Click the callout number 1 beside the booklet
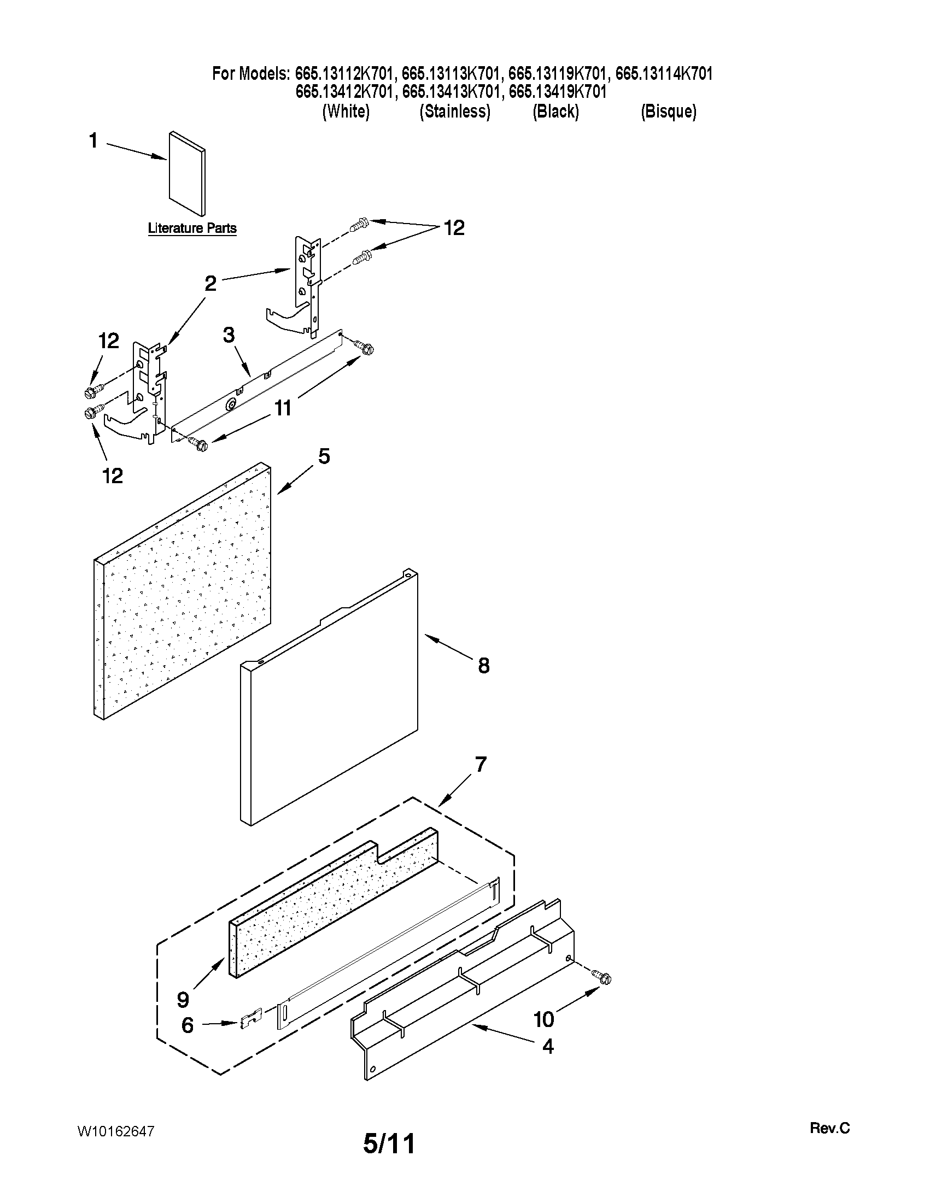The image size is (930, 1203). (x=93, y=141)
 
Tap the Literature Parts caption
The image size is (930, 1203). (x=192, y=228)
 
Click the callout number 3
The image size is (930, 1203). (x=229, y=335)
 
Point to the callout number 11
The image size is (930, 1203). (x=283, y=408)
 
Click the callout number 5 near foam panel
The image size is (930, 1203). (x=324, y=456)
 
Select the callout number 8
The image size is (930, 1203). (x=483, y=666)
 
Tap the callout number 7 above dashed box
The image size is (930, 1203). (x=481, y=765)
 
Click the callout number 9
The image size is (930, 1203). (x=183, y=999)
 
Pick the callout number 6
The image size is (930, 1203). (x=188, y=1025)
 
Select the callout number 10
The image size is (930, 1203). (x=544, y=1019)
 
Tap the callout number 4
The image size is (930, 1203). (x=548, y=1046)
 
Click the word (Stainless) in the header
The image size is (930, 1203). (x=454, y=112)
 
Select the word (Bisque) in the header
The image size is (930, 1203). (x=668, y=112)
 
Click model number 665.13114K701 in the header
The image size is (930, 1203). (x=663, y=73)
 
